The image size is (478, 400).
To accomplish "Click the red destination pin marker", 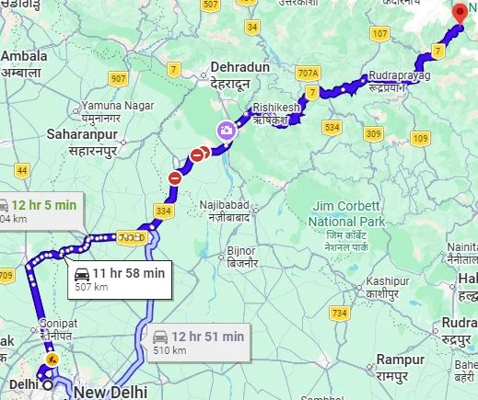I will click(461, 13).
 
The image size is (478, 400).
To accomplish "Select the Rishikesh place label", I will click(276, 113).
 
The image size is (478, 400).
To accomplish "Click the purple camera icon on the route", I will click(226, 131).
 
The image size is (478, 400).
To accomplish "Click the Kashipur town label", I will click(387, 286).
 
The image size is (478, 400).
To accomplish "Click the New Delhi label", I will click(111, 393).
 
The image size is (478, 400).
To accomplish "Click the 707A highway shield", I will click(308, 73).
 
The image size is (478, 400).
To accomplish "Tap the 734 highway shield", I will click(340, 314).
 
